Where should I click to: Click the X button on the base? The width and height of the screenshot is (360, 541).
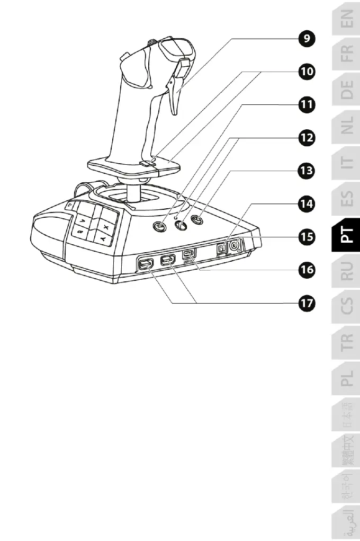(106, 227)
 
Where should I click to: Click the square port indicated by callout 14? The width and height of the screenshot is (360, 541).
(222, 247)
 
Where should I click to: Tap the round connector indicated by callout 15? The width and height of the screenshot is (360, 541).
(234, 245)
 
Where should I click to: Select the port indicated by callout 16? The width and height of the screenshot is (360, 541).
(189, 254)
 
